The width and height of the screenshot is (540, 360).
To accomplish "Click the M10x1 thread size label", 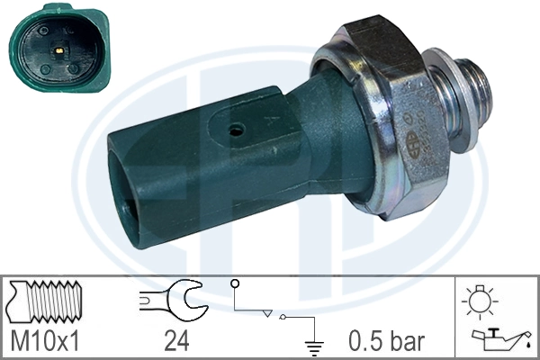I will point(50,341).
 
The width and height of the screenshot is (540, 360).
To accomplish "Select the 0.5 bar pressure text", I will point(387,341).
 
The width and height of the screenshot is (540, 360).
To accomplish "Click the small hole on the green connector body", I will point(236,130).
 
